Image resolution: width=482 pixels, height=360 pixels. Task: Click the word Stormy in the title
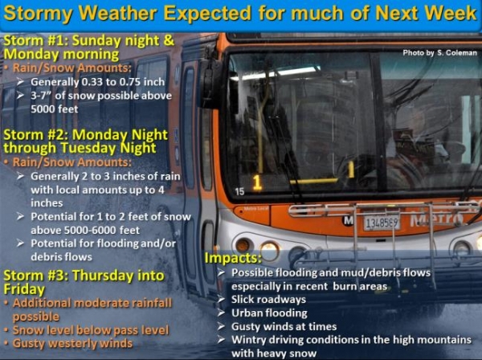[x=39, y=14]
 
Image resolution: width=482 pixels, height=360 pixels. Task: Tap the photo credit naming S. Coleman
[x=440, y=53]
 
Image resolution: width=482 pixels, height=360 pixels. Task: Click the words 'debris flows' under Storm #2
[x=61, y=256]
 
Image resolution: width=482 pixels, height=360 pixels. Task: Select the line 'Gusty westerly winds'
[x=72, y=343]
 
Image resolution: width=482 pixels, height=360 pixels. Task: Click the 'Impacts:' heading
[x=233, y=258]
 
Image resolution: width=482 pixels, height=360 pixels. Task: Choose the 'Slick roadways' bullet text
[x=268, y=300]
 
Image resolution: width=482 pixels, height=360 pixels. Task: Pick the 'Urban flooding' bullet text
[x=269, y=313]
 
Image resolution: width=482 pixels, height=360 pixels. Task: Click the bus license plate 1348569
[x=381, y=222]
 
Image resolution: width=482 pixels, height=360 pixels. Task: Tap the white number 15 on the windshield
[x=239, y=191]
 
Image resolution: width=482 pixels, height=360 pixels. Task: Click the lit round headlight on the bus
[x=270, y=251]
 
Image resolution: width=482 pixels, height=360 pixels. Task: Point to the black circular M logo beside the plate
[x=348, y=220]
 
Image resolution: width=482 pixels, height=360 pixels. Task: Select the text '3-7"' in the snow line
[x=42, y=96]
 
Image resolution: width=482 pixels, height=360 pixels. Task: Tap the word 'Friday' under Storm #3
[x=24, y=289]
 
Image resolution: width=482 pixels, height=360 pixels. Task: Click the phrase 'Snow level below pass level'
[x=91, y=330]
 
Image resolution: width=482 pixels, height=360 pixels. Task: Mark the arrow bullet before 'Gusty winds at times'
[x=222, y=326]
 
